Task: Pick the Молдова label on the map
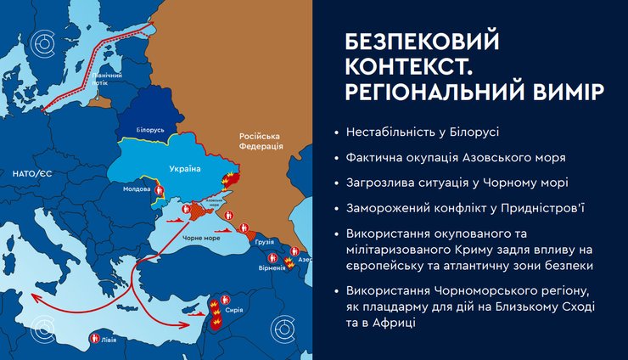point(137,188)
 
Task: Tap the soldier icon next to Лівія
point(93,340)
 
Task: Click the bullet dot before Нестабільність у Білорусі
point(337,133)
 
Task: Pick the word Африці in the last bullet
point(393,325)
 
